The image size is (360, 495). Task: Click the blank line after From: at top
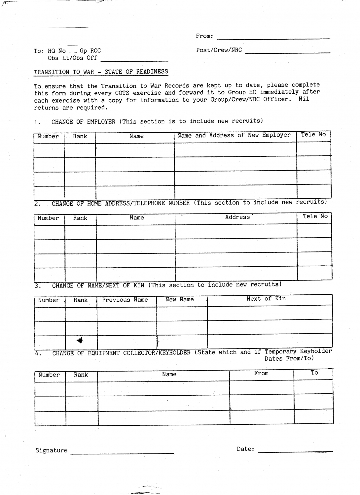pos(273,38)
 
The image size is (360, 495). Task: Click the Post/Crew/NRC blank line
pos(288,52)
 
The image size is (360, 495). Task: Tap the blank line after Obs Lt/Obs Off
pos(134,60)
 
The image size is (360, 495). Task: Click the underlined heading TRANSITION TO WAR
pos(101,72)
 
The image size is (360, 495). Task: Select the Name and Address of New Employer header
pos(234,135)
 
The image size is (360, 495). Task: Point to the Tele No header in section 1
pos(313,135)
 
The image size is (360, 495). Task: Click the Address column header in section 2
pos(237,217)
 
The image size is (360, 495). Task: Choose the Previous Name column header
pos(125,300)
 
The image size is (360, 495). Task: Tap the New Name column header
pos(179,299)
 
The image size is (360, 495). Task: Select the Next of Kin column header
pos(266,299)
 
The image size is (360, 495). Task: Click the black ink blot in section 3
pos(80,341)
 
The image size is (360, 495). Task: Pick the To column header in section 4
pos(314,373)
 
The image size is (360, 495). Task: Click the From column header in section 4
pos(261,373)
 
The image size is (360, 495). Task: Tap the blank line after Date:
pos(295,451)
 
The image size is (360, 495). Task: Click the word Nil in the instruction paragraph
pos(304,99)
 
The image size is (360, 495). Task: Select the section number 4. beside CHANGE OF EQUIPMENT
pos(38,353)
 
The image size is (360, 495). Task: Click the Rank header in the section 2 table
pos(80,218)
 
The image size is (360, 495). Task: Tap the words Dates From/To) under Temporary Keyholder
pos(289,359)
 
